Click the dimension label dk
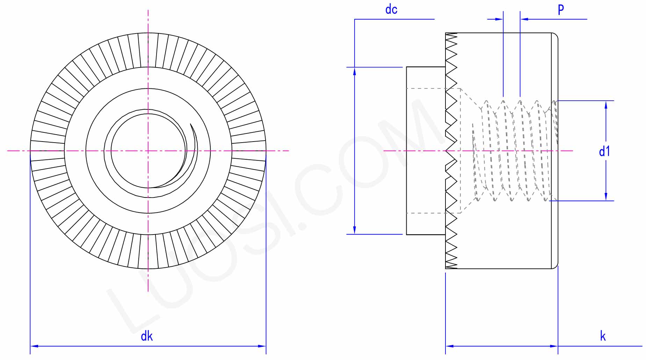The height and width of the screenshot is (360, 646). [x=147, y=336]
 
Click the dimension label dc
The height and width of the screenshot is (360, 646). [x=391, y=9]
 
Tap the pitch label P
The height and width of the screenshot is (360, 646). [x=561, y=9]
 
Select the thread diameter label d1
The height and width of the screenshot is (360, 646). [x=604, y=151]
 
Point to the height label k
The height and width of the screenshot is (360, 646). [x=603, y=336]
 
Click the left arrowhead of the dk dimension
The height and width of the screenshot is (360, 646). [x=34, y=346]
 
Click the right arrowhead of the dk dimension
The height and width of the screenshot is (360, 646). [x=262, y=346]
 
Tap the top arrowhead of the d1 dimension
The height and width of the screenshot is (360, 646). [x=606, y=105]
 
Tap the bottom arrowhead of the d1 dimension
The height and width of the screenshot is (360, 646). [x=606, y=197]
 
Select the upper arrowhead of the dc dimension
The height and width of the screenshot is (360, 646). [x=355, y=71]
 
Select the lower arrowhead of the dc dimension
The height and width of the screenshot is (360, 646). [x=355, y=230]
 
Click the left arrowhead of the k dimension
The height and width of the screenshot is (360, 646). [x=450, y=346]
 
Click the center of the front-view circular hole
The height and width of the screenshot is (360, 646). [x=148, y=151]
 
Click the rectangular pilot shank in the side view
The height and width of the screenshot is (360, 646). [x=426, y=151]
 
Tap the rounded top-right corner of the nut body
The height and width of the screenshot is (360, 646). [x=555, y=36]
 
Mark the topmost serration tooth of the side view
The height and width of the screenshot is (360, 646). [x=451, y=35]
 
